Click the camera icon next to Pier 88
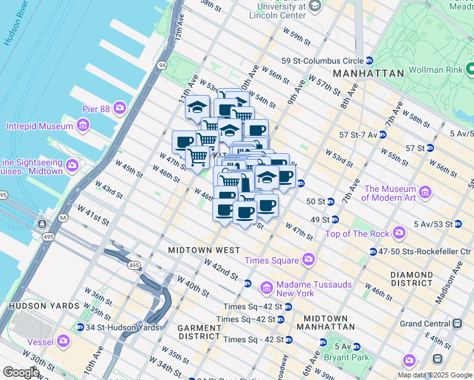[x=119, y=109]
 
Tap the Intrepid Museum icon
[x=82, y=126]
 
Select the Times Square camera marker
[x=309, y=260]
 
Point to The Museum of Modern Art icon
[x=425, y=192]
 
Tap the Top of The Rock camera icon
[x=399, y=234]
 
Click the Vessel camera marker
[x=63, y=341]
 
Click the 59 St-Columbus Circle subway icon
[x=369, y=61]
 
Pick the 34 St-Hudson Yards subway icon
[x=80, y=327]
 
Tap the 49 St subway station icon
[x=335, y=220]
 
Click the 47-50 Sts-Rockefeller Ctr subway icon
[x=373, y=251]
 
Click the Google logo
[x=21, y=372]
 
